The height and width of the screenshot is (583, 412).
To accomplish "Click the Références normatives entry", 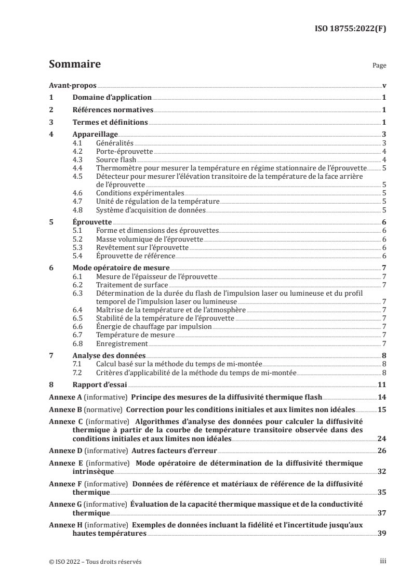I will click(x=113, y=110).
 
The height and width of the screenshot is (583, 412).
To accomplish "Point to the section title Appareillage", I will click(x=95, y=135).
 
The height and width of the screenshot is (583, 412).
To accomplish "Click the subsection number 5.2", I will click(x=77, y=239).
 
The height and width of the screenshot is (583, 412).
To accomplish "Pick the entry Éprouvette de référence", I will click(x=136, y=256).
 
